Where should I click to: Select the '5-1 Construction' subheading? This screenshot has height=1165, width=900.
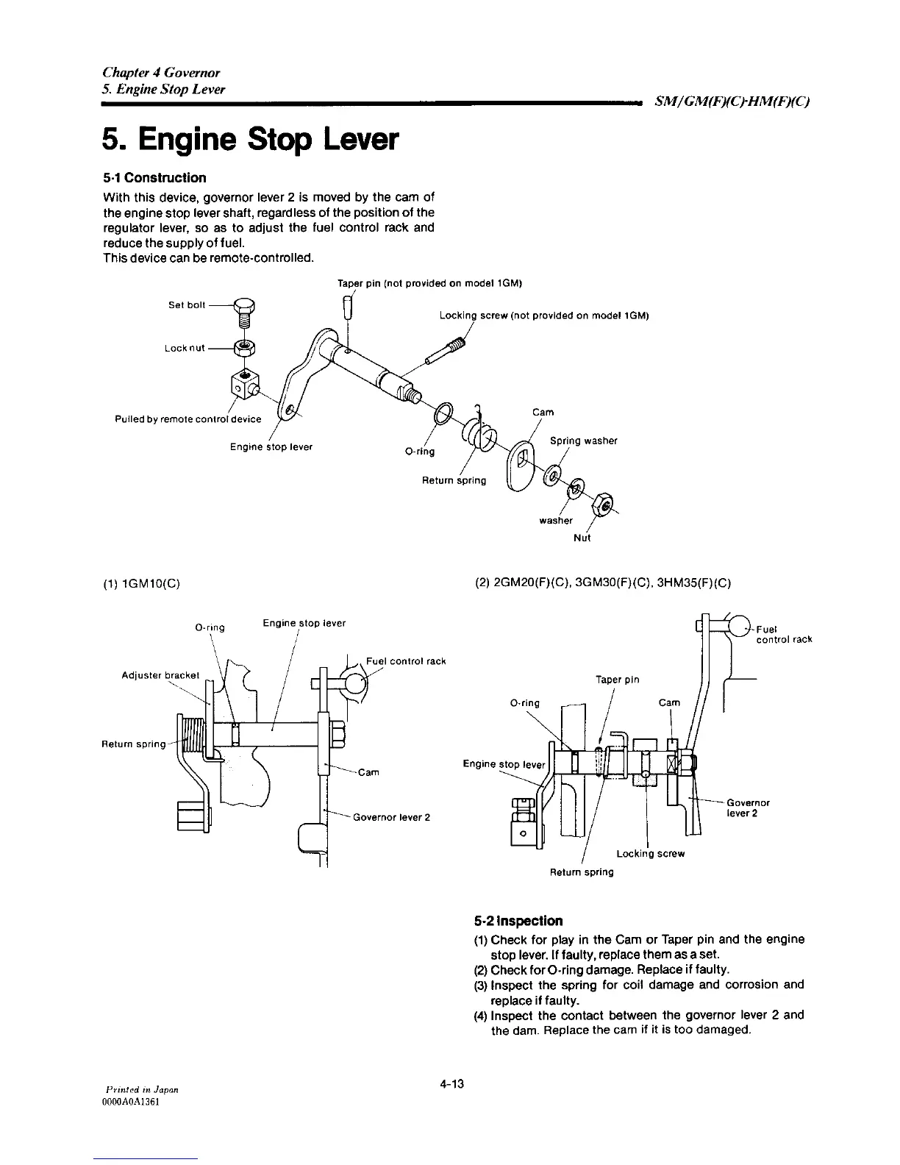tap(154, 178)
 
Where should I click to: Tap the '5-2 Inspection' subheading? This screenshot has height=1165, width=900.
tap(518, 921)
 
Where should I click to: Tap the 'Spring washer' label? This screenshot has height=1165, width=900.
tap(583, 441)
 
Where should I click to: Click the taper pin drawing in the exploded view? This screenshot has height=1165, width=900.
tap(349, 307)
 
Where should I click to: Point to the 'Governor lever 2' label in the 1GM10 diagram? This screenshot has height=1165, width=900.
tap(391, 817)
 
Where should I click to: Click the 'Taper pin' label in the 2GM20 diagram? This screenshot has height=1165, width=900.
tap(617, 680)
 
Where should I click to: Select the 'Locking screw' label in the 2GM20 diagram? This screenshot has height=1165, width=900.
tap(650, 854)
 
